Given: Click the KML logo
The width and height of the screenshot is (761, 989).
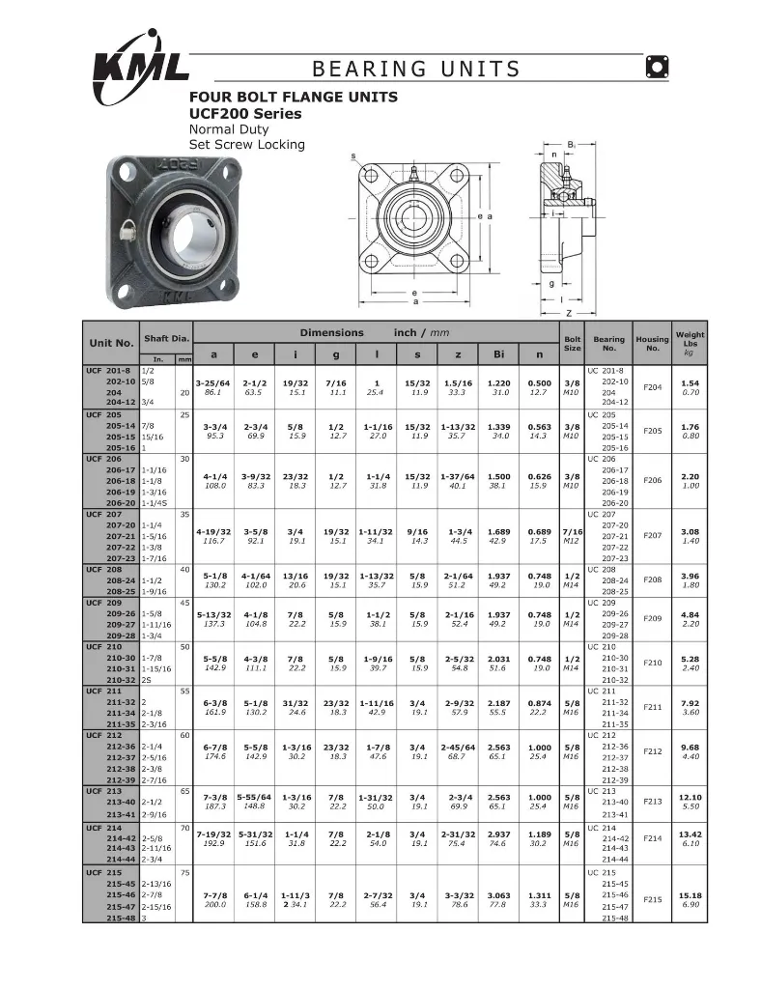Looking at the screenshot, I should [139, 63].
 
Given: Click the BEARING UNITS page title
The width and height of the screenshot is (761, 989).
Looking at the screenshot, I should [416, 69].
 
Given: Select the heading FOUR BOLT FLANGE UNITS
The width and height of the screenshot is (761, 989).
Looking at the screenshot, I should [293, 97].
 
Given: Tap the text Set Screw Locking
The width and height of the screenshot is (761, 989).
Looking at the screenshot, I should [246, 145].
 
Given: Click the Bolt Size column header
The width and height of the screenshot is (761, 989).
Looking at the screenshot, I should [572, 343].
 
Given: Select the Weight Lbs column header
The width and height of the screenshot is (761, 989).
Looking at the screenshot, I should [690, 343].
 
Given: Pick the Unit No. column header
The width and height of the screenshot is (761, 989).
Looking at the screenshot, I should [111, 343].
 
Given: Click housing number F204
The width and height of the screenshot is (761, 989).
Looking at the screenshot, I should [652, 386].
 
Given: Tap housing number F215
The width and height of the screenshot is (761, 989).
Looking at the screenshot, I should [652, 900].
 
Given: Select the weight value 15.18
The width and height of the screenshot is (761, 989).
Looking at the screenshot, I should [690, 895].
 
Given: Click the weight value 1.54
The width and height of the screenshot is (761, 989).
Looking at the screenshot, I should [690, 382].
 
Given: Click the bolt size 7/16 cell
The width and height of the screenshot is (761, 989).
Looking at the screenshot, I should [572, 531].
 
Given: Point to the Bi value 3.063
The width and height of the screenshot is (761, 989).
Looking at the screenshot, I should [498, 895].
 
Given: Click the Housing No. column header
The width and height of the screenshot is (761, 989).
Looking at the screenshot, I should [652, 343].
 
